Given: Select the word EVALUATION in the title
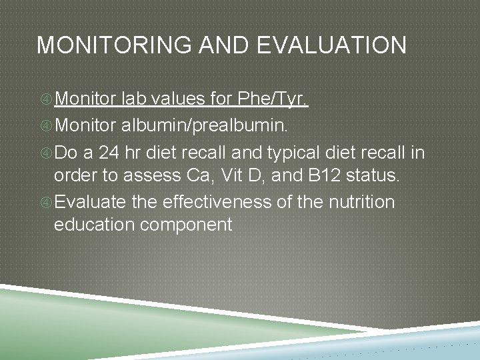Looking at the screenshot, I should click(331, 45).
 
